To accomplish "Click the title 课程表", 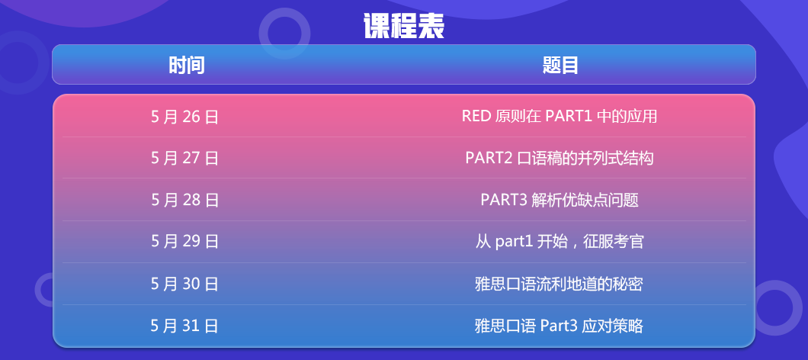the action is [403, 26].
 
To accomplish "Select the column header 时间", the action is [187, 66].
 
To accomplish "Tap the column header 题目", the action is [560, 66].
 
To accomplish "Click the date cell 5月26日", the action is [184, 117].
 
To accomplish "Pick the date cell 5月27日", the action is [184, 158].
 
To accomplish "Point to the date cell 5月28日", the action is [184, 200].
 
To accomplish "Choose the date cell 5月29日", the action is [184, 241].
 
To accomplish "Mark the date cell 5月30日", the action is [184, 284].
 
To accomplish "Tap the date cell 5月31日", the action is [184, 326].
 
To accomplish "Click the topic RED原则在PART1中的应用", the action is [560, 117].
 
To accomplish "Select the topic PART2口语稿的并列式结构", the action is [560, 158].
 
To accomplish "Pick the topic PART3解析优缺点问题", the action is [560, 200].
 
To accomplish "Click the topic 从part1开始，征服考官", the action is [560, 241].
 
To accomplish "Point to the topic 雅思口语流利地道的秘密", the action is [559, 284].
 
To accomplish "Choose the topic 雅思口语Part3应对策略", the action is [559, 326].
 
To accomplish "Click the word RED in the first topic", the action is [476, 117].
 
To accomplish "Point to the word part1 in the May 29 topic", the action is [514, 242].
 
